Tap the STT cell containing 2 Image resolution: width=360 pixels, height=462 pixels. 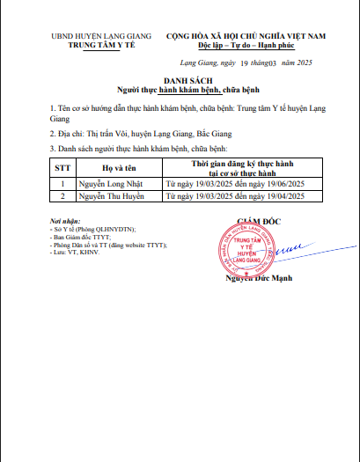coord(62,197)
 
